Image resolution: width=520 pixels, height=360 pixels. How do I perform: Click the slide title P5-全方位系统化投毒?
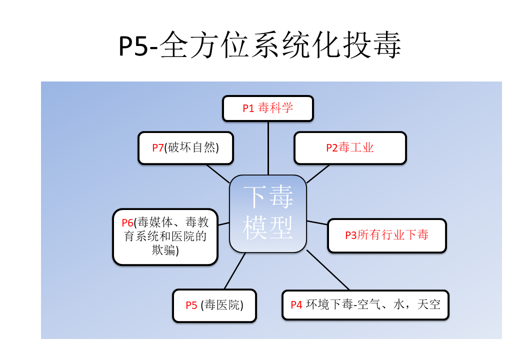click(x=259, y=45)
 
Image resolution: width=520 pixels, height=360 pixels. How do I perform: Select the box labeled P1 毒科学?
click(x=268, y=108)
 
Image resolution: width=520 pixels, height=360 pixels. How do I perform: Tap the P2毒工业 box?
click(x=350, y=148)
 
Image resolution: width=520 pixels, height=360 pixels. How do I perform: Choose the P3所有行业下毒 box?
click(x=387, y=235)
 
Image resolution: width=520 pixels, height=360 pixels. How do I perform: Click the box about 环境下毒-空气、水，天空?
click(x=365, y=304)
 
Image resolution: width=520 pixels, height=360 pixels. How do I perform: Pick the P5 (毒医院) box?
click(x=214, y=305)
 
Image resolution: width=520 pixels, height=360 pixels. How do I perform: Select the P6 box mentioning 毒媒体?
click(x=165, y=236)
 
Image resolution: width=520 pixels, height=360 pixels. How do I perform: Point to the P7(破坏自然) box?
click(x=185, y=148)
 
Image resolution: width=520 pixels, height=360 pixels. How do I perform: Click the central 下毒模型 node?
click(x=268, y=213)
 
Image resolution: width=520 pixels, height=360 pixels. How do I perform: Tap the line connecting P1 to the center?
click(x=268, y=148)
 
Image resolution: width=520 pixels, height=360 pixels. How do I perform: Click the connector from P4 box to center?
click(x=328, y=270)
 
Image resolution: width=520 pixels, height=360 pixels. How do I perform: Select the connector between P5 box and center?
click(x=235, y=271)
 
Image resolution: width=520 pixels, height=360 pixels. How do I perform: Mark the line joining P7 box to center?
click(x=218, y=173)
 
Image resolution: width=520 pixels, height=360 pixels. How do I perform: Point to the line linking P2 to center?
click(x=318, y=173)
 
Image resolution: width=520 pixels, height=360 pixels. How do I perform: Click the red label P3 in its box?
click(x=351, y=235)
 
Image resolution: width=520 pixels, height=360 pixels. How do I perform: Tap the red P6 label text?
click(x=127, y=222)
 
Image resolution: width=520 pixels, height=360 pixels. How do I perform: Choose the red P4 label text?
click(x=296, y=305)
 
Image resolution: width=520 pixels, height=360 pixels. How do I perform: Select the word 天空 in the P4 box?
click(x=429, y=304)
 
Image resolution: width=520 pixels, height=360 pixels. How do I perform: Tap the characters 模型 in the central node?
click(x=268, y=227)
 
